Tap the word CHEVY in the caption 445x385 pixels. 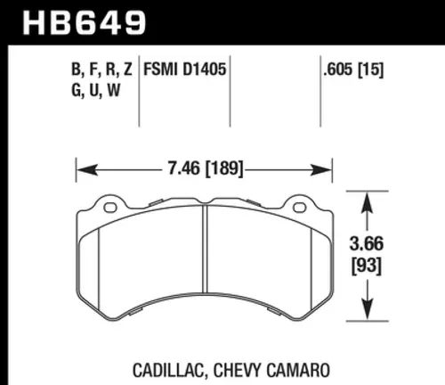[x=226, y=366]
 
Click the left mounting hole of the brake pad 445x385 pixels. [x=110, y=209]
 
